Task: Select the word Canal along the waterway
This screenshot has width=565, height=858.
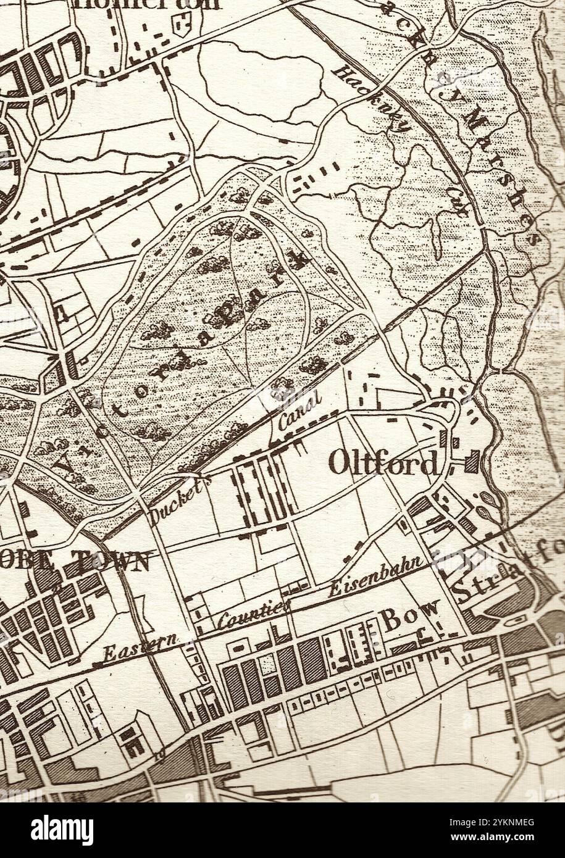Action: click(299, 412)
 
